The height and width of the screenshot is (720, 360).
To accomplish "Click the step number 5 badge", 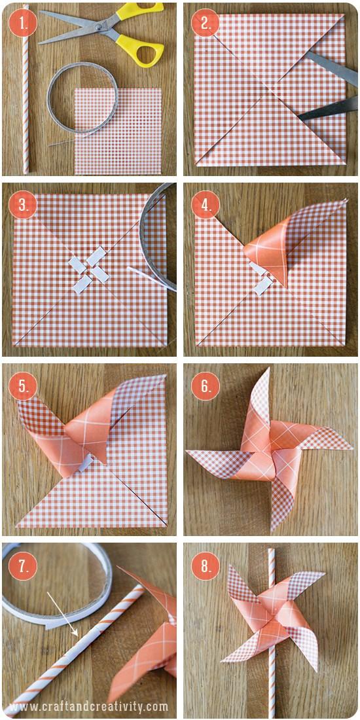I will pyautogui.click(x=22, y=386).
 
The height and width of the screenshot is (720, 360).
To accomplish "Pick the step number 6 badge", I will pyautogui.click(x=205, y=386).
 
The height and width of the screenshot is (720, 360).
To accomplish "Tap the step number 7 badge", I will pyautogui.click(x=22, y=566).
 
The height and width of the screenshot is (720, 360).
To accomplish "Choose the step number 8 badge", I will pyautogui.click(x=205, y=566).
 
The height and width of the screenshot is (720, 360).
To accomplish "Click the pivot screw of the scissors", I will pyautogui.click(x=98, y=27).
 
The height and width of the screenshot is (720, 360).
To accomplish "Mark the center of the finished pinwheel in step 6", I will pyautogui.click(x=270, y=450).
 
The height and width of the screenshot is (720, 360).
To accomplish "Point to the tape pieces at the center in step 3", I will pyautogui.click(x=90, y=268).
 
